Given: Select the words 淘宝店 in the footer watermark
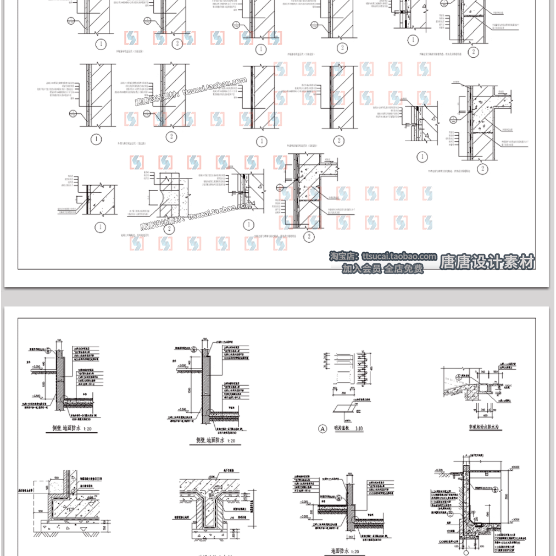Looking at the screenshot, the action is [343, 257].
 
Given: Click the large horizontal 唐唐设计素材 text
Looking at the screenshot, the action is [487, 262].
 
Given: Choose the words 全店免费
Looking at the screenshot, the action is [404, 269].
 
